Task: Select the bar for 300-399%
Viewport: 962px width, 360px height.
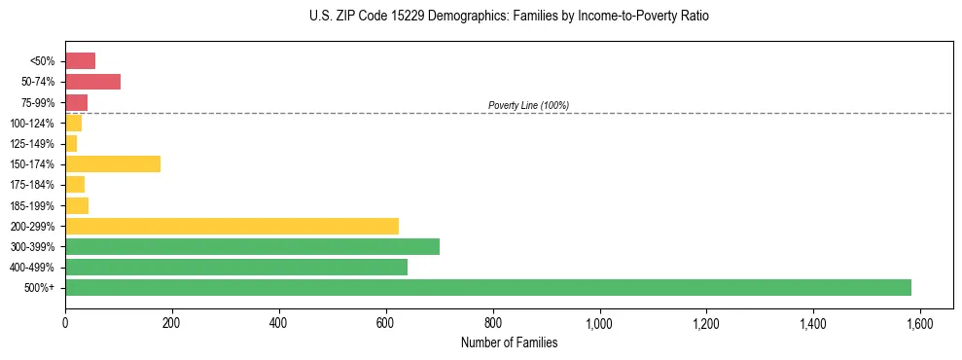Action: [x=252, y=246]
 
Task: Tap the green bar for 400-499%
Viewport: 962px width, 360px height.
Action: [x=236, y=267]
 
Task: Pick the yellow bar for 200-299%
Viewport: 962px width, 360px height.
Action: [x=232, y=226]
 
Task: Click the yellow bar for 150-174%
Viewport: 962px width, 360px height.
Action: [x=113, y=163]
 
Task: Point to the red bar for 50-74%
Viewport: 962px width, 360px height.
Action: [x=92, y=82]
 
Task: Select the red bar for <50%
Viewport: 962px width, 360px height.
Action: [x=80, y=60]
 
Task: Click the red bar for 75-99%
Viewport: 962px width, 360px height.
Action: [x=76, y=102]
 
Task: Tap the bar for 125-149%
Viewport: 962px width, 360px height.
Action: [x=71, y=143]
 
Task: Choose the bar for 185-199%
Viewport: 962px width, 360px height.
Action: [x=77, y=205]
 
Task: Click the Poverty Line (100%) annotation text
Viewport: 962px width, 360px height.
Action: [x=528, y=105]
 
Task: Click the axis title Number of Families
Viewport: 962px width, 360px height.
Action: [x=509, y=342]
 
